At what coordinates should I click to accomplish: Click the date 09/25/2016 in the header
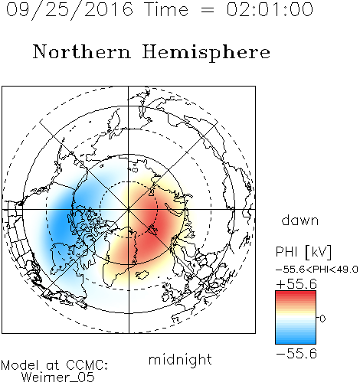(70, 10)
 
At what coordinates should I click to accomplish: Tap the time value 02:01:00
(270, 9)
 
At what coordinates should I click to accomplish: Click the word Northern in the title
(82, 51)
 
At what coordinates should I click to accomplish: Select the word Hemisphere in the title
(206, 53)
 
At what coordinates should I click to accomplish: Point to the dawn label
(300, 221)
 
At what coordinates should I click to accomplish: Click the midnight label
(180, 359)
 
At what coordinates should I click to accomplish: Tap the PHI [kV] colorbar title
(303, 252)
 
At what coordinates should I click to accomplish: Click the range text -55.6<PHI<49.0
(317, 270)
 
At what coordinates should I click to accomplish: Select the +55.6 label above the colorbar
(296, 284)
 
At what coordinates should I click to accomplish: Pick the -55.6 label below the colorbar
(296, 354)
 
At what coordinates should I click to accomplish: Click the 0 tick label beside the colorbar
(322, 319)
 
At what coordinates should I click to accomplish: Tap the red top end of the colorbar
(296, 293)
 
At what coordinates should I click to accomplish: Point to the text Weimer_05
(58, 378)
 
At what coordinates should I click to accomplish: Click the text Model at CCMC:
(54, 365)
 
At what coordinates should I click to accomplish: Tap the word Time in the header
(166, 9)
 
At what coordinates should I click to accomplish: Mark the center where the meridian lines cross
(129, 210)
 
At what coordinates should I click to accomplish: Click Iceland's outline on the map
(142, 274)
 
